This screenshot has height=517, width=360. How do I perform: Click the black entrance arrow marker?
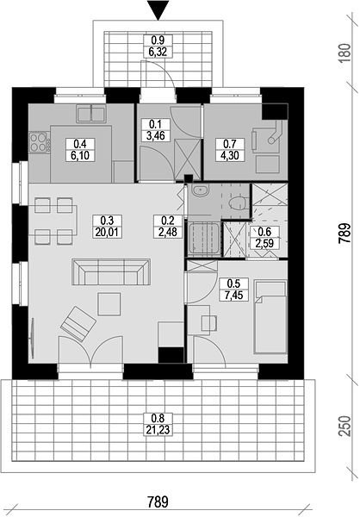tap(158, 10)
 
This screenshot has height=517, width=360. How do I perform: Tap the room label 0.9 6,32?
tap(158, 46)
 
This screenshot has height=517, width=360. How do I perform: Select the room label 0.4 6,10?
tap(80, 149)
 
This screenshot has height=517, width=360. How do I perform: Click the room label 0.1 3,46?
tap(156, 130)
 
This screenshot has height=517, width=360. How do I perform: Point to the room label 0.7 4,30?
tap(230, 149)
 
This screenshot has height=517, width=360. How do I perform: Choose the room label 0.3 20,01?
tap(108, 226)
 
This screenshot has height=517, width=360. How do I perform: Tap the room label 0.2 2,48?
tap(168, 226)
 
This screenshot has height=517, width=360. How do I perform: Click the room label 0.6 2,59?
tap(265, 237)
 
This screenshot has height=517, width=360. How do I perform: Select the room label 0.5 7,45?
tap(233, 290)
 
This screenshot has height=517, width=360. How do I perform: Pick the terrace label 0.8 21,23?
tap(158, 424)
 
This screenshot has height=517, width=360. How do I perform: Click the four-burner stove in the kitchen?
tap(40, 142)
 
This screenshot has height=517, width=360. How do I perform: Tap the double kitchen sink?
tap(91, 114)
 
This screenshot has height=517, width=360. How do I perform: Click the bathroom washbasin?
tap(200, 190)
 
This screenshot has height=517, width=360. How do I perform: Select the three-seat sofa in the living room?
tap(111, 272)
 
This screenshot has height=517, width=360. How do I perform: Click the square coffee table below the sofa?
tap(109, 304)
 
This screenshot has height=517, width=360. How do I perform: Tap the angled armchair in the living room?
tap(78, 324)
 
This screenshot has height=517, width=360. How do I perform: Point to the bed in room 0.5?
tap(270, 317)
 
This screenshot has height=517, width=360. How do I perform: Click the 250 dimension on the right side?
tap(344, 426)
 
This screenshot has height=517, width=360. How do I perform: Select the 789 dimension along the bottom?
tap(158, 502)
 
